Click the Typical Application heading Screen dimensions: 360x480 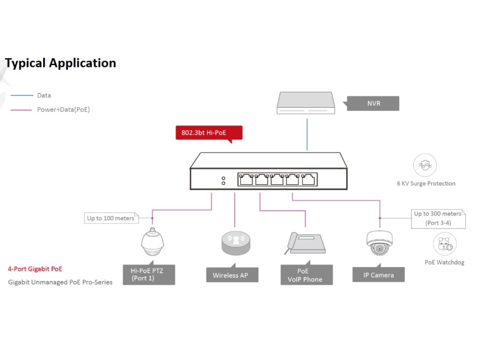click(60, 63)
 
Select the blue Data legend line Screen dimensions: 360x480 click(22, 95)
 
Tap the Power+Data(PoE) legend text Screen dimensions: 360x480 click(63, 110)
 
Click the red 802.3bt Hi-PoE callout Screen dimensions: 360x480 click(209, 133)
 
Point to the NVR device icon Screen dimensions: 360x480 click(307, 103)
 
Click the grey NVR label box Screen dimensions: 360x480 click(374, 103)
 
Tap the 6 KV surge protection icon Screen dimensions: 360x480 click(425, 165)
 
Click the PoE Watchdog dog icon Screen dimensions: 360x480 click(444, 244)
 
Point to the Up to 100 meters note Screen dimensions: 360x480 click(111, 218)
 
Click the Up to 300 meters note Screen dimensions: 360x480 click(438, 218)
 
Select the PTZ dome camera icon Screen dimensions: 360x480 click(152, 243)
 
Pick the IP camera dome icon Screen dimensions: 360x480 click(379, 243)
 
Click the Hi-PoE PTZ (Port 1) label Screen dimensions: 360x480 click(149, 274)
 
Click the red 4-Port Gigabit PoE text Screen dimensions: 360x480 click(35, 269)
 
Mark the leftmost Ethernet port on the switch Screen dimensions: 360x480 click(246, 179)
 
